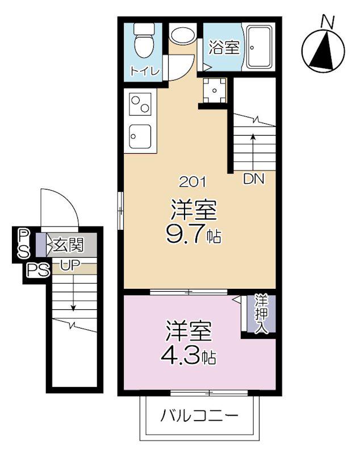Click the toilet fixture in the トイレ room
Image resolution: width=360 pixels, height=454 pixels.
coord(144,40)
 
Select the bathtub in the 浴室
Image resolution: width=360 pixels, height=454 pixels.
coord(259,47)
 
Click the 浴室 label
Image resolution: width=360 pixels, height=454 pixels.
coord(224,48)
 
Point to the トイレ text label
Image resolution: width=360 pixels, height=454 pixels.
coord(145,71)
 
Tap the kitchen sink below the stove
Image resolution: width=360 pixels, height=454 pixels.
coord(140,136)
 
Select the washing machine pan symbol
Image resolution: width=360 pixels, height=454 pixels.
coord(214,90)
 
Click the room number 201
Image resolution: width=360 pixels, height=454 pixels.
coord(193,182)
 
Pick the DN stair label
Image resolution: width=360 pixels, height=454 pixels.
coord(254,179)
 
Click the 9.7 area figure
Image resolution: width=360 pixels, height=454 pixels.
coord(185,234)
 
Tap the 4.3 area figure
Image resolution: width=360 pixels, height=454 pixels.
coord(181,356)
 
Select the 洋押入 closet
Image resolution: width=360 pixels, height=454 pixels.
coord(261,314)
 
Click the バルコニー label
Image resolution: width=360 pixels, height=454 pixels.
coord(199,416)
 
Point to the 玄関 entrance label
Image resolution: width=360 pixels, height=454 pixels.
coord(68,245)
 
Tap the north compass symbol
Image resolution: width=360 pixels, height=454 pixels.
coord(323,51)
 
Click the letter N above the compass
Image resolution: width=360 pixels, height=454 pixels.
coord(328,22)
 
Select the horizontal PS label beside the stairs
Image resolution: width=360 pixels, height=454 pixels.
coord(38,271)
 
